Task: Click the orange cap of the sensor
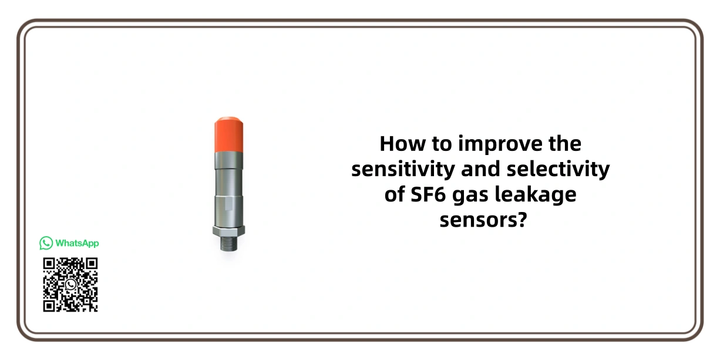[229, 134]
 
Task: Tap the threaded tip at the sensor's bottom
[229, 243]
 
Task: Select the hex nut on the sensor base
[229, 231]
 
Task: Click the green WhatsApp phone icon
[46, 243]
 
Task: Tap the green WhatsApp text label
[77, 243]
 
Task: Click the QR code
[70, 284]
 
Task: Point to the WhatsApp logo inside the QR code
[70, 284]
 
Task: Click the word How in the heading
[403, 144]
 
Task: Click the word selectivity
[558, 170]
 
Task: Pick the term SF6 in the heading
[429, 194]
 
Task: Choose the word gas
[470, 197]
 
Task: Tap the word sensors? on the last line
[483, 220]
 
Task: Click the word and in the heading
[481, 169]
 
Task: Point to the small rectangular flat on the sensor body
[228, 203]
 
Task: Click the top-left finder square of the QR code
[49, 264]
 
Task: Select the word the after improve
[565, 143]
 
